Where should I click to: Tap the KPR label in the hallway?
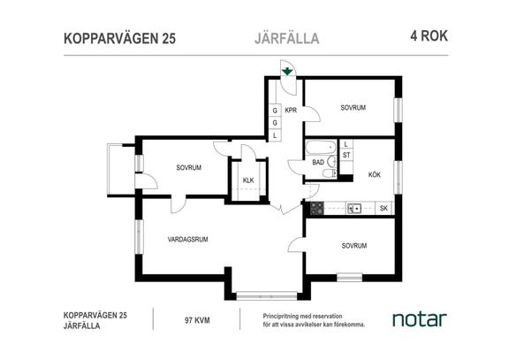[290, 110]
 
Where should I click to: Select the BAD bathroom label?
[317, 162]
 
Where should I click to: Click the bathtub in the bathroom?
[319, 147]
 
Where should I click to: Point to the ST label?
[347, 155]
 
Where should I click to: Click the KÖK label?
[374, 174]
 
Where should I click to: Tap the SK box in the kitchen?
[383, 209]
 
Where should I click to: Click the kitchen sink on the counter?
[353, 209]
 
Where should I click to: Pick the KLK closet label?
[248, 181]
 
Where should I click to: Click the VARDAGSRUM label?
[186, 239]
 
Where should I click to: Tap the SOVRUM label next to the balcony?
[188, 167]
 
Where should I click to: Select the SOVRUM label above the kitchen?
[353, 107]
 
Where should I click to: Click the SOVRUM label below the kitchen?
[353, 245]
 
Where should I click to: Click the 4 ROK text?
[428, 37]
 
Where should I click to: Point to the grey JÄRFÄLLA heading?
[280, 38]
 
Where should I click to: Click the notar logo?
[419, 318]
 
